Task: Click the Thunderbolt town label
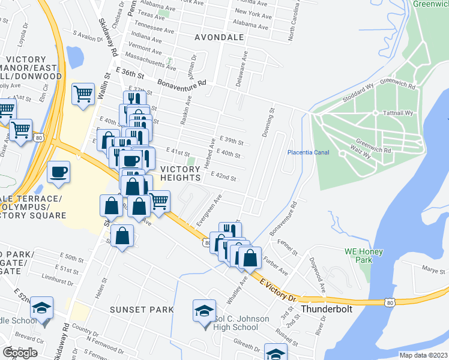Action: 325,309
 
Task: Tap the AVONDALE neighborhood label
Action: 219,37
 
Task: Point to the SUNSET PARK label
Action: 142,310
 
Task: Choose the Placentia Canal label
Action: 308,152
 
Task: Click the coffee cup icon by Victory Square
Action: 59,172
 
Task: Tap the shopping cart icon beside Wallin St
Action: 83,94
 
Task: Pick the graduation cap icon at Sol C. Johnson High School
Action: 203,310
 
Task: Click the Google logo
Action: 20,353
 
